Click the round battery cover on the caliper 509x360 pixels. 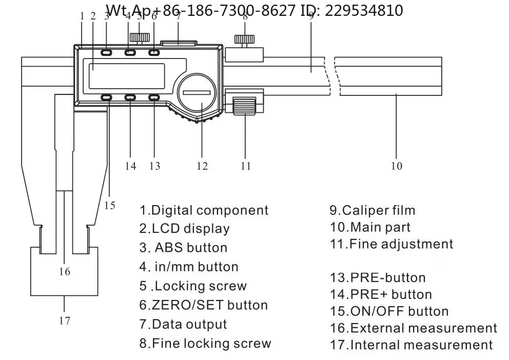197,92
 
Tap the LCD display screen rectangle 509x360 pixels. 127,76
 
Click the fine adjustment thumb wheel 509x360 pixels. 244,106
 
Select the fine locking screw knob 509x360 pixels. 244,39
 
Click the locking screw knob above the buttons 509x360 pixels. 140,37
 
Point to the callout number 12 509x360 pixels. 202,166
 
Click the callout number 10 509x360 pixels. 397,166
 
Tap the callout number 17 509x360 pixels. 65,321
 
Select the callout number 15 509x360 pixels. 110,205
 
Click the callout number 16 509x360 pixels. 65,271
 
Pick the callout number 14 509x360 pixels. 130,166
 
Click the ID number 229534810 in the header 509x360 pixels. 364,11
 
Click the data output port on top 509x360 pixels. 179,43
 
